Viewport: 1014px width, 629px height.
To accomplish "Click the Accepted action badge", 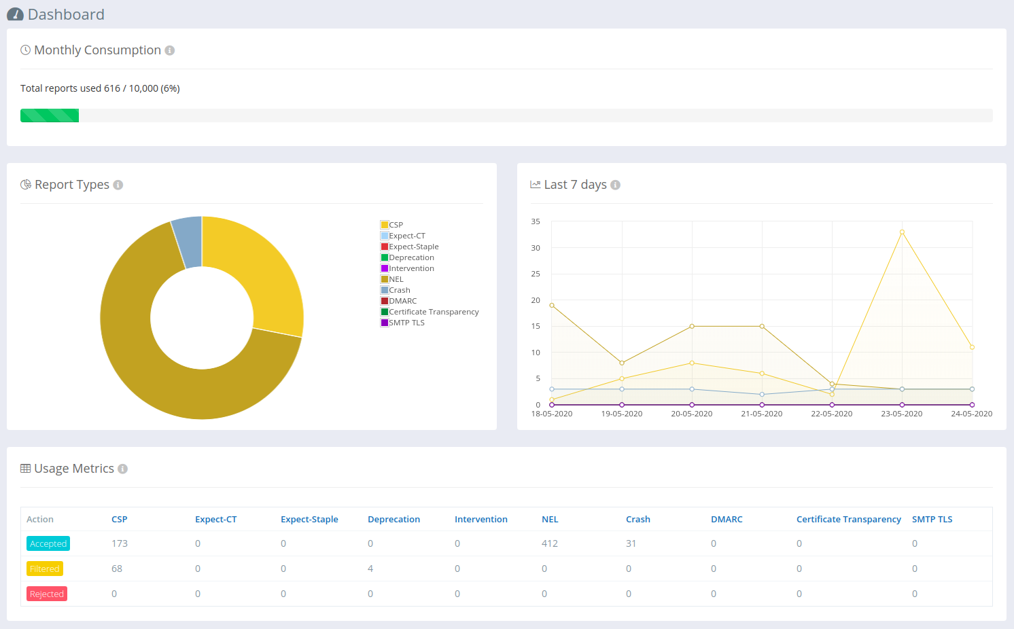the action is tap(48, 543).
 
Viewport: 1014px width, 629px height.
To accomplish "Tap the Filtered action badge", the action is tap(44, 569).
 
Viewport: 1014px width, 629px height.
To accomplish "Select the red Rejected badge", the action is tap(47, 594).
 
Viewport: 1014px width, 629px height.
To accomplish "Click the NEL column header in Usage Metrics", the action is tap(550, 519).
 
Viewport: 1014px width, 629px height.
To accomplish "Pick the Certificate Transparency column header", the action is tap(849, 519).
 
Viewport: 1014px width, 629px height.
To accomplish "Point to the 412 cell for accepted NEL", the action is tap(550, 543).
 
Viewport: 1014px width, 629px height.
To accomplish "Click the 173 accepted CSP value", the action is tap(120, 543).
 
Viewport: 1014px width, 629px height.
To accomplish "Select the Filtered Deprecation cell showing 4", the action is tap(370, 569).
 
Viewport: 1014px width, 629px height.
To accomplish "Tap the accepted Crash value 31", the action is tap(631, 543).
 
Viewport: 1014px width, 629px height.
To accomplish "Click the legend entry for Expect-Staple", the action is tap(410, 247).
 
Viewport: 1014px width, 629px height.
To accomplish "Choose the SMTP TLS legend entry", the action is tap(402, 323).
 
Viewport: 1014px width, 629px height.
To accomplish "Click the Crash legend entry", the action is tap(396, 290).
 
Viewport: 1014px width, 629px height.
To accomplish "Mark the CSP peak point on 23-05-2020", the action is tap(902, 232).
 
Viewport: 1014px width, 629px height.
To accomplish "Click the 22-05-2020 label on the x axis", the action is tap(832, 414).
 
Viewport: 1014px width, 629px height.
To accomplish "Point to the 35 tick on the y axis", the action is tap(536, 221).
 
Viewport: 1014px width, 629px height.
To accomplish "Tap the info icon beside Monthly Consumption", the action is tap(170, 50).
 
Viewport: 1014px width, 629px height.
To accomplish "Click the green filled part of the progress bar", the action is tap(50, 115).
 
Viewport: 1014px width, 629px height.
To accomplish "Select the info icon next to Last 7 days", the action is tap(615, 185).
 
